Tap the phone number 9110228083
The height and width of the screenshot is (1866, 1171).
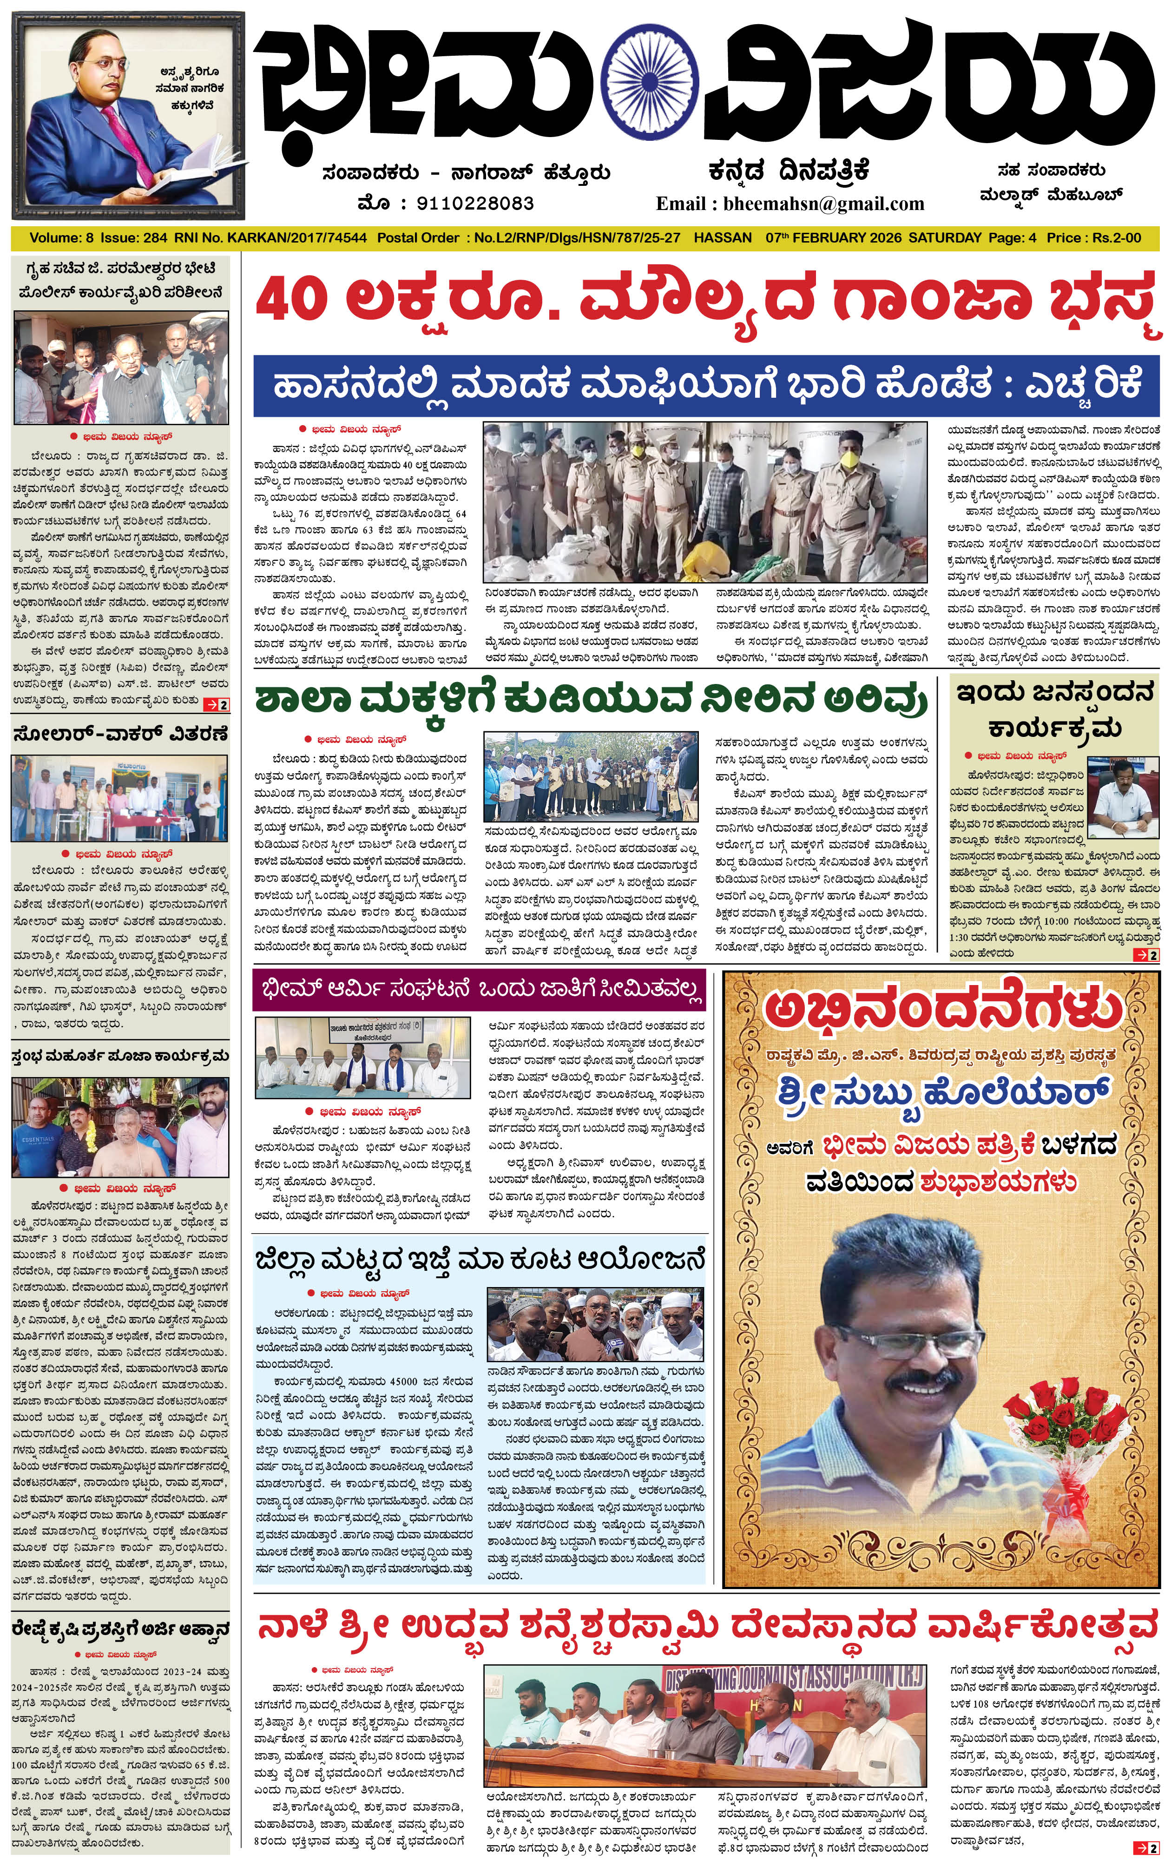[475, 204]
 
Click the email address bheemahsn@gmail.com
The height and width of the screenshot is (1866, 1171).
[823, 204]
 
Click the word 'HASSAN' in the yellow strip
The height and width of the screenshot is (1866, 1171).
[723, 238]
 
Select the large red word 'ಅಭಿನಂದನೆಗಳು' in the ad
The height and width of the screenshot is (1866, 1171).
[942, 1010]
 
